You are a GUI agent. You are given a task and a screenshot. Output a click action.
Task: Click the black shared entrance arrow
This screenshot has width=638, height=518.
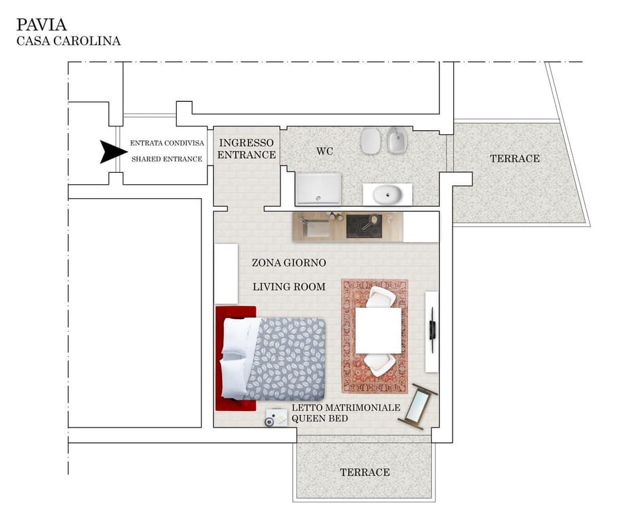click(x=108, y=152)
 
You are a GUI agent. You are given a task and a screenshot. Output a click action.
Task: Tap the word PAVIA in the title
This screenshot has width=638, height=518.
click(x=41, y=25)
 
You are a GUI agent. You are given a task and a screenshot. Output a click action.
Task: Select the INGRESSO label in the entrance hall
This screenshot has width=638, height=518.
click(x=246, y=143)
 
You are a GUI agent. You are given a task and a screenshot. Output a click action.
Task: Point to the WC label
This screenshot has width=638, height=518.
click(x=324, y=152)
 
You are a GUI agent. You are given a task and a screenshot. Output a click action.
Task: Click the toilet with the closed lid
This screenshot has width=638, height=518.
click(x=370, y=140)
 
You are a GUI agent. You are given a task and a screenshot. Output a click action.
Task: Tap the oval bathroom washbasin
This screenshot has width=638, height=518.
click(x=387, y=195)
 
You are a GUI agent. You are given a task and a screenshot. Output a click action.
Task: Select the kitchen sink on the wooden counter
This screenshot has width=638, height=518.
click(x=316, y=227)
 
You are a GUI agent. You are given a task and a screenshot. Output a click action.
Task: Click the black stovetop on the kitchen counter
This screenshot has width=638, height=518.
click(x=364, y=227)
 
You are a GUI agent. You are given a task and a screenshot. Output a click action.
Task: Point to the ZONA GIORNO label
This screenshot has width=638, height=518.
click(x=288, y=263)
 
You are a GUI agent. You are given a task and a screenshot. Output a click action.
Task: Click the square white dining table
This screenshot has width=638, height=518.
click(x=378, y=330)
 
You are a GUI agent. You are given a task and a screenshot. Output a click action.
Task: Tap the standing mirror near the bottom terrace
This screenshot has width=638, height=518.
click(x=419, y=406)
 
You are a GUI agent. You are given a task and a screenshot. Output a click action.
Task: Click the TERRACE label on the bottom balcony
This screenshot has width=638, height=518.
click(x=365, y=472)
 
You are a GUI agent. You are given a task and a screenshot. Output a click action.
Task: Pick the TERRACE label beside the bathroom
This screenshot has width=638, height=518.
click(x=514, y=158)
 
